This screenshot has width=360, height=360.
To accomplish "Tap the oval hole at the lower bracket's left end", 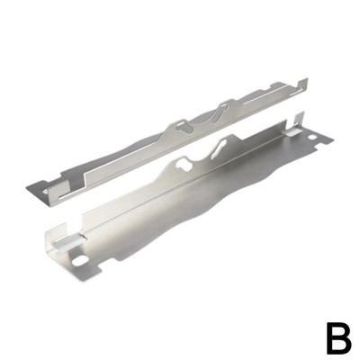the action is (80, 260).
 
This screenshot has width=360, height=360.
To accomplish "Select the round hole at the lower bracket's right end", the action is (312, 137).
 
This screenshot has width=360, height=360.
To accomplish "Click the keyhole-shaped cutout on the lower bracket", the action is (184, 166).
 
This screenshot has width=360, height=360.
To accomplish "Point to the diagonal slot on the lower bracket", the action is (220, 149).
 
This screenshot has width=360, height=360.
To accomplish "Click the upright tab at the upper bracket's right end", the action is (302, 85).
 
